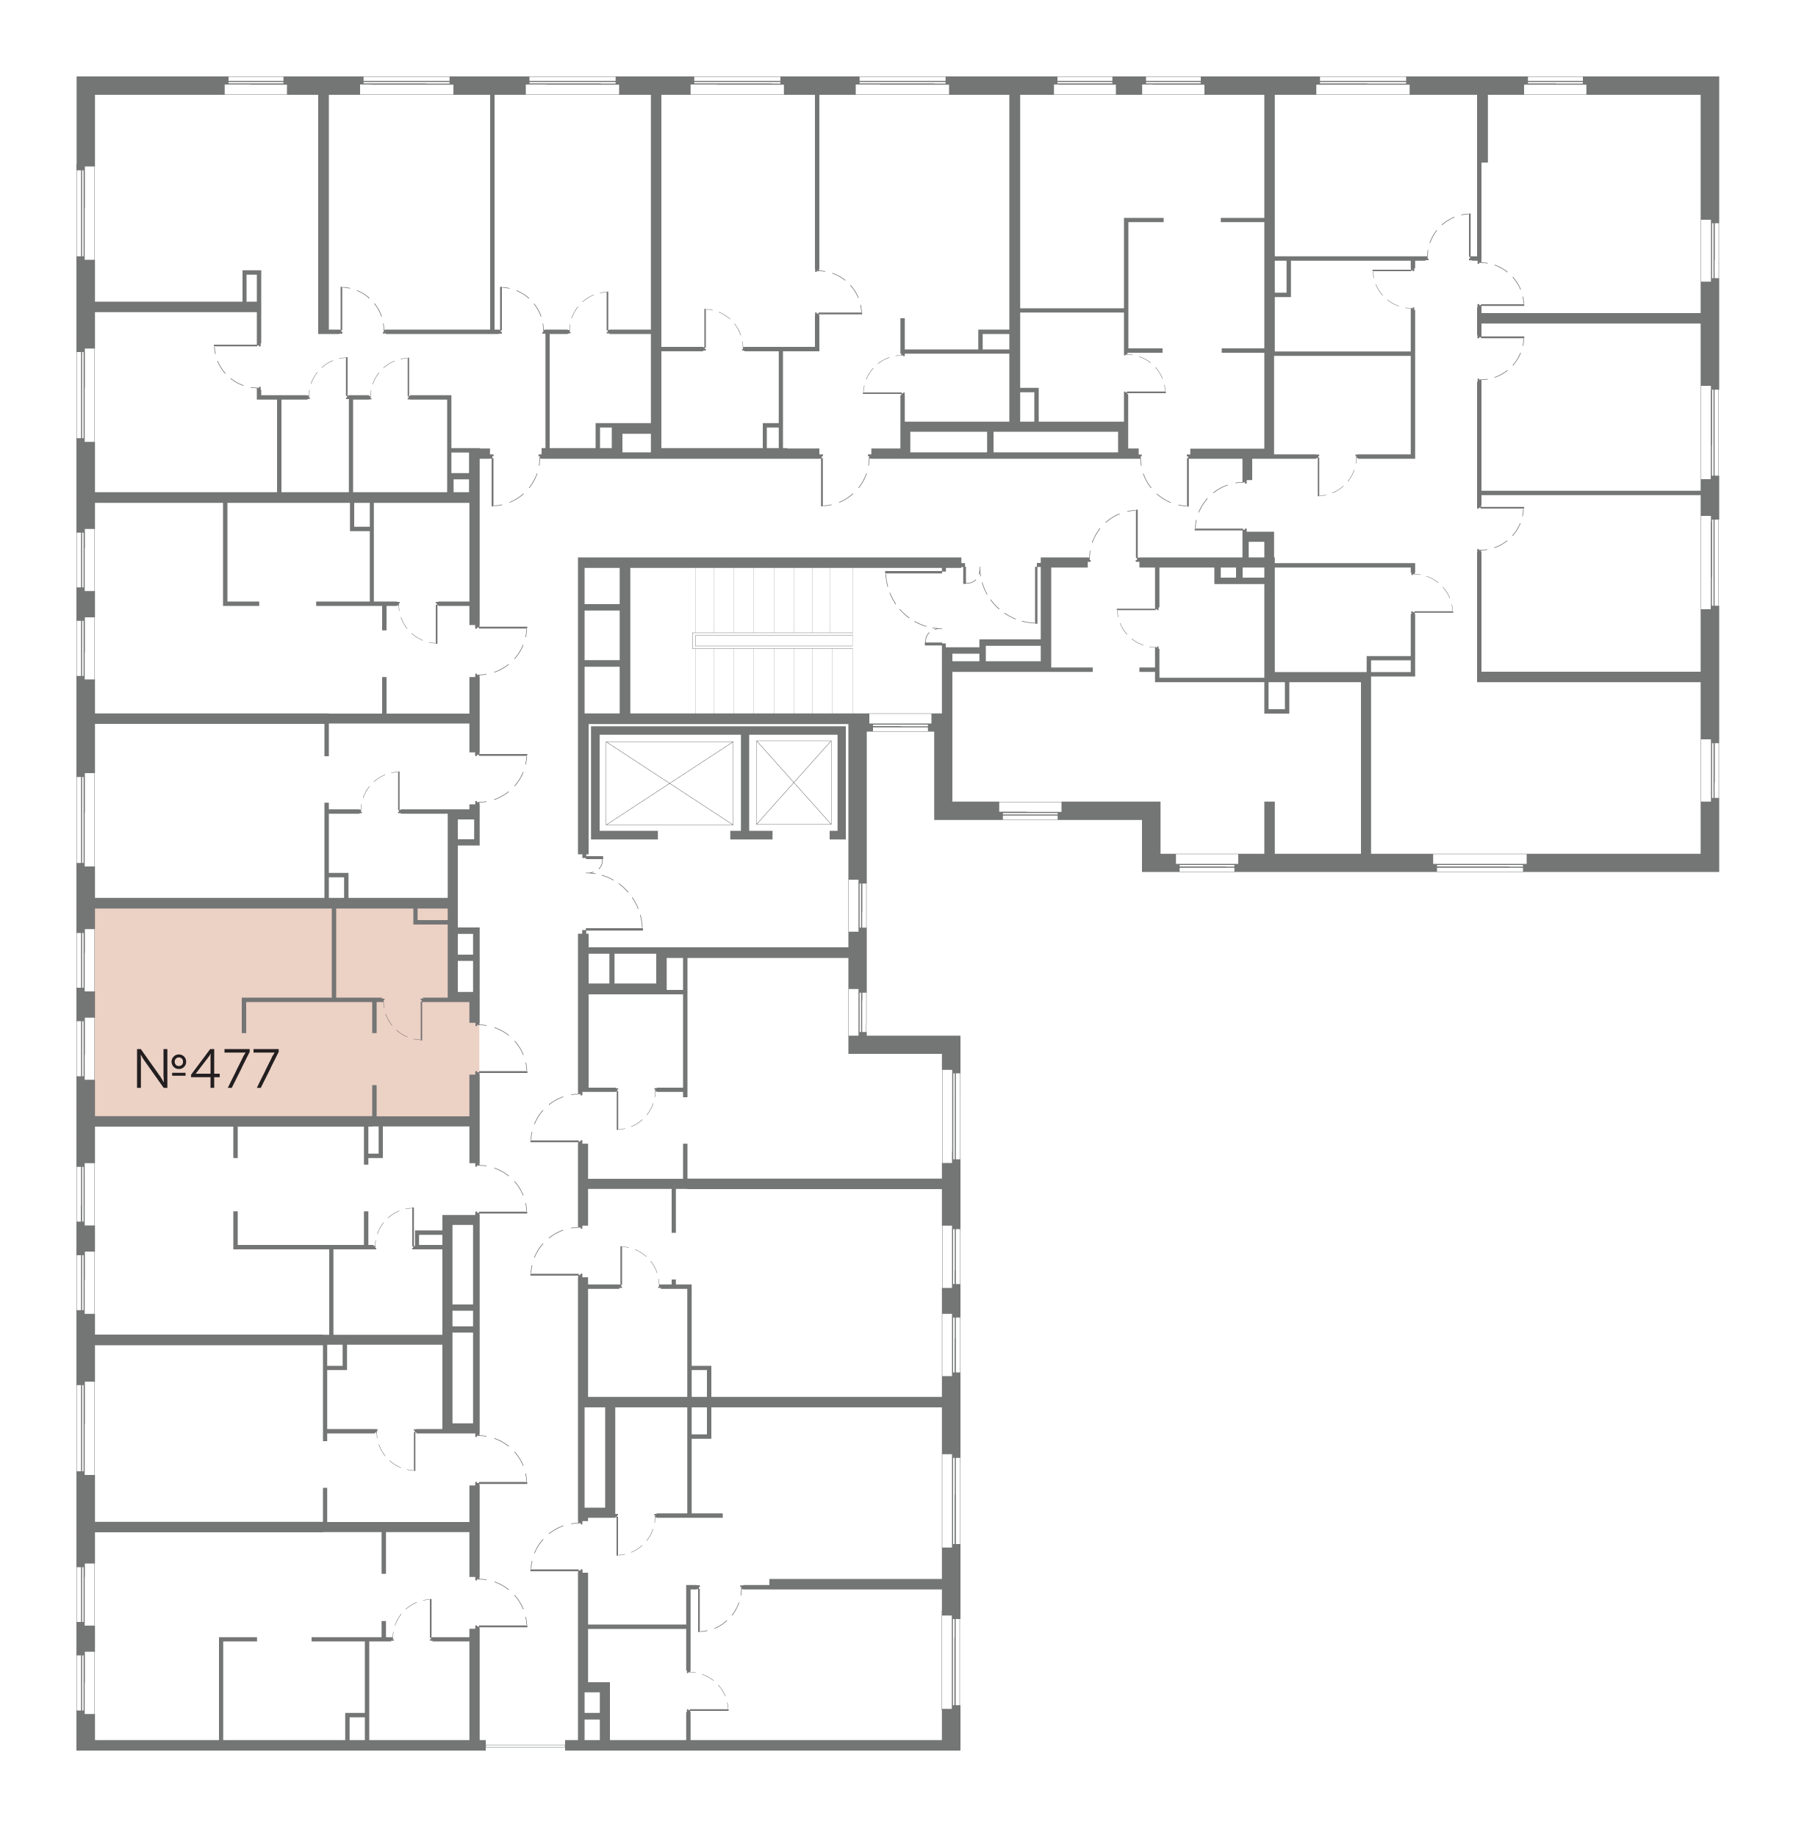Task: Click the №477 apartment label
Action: pyautogui.click(x=206, y=1069)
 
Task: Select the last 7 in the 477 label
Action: pyautogui.click(x=265, y=1069)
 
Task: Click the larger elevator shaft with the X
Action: pyautogui.click(x=668, y=783)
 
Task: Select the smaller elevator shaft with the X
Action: pyautogui.click(x=794, y=783)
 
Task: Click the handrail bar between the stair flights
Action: pyautogui.click(x=772, y=640)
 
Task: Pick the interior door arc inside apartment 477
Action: pyautogui.click(x=401, y=1022)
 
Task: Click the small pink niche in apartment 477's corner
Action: pyautogui.click(x=431, y=915)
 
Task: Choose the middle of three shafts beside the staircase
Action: pyautogui.click(x=602, y=635)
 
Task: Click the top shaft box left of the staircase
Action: pyautogui.click(x=602, y=586)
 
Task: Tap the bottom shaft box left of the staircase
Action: pyautogui.click(x=602, y=689)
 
